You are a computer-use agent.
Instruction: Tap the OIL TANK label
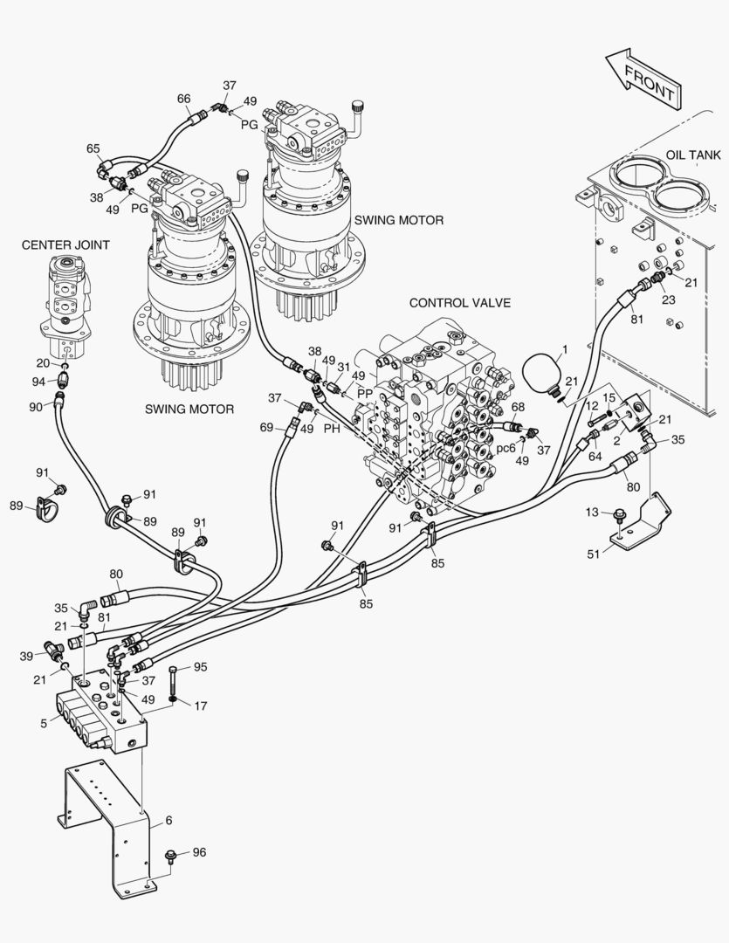[x=693, y=155]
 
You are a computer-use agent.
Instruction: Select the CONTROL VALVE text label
[x=459, y=303]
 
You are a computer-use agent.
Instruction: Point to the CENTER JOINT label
[x=65, y=245]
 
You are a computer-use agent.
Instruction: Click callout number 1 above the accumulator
[x=564, y=349]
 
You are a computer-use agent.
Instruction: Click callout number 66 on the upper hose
[x=183, y=99]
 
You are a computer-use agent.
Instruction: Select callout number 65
[x=93, y=149]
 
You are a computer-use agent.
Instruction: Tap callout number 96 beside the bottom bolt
[x=199, y=852]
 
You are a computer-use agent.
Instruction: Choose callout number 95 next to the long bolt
[x=200, y=667]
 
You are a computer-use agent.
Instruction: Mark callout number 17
[x=200, y=706]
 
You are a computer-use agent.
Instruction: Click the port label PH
[x=332, y=429]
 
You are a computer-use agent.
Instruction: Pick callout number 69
[x=266, y=426]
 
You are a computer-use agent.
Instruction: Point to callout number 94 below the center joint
[x=38, y=382]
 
